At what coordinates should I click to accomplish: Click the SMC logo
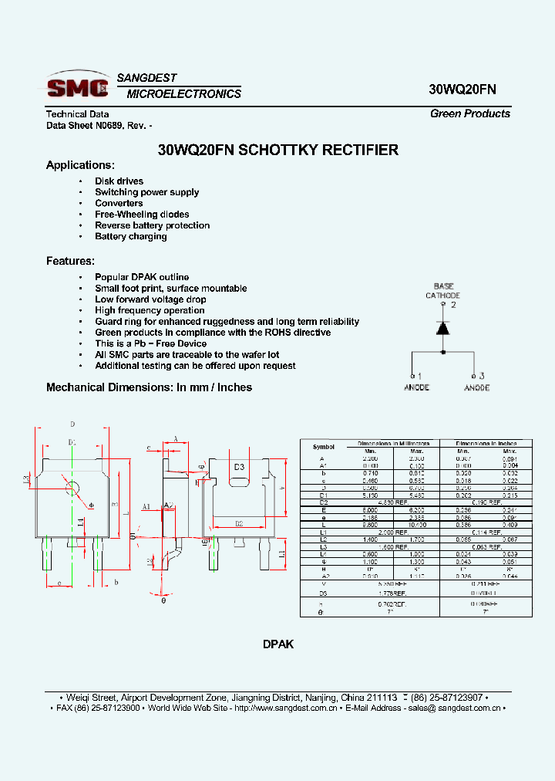[78, 86]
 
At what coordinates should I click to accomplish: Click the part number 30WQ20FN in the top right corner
[462, 89]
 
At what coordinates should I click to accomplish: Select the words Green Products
[469, 113]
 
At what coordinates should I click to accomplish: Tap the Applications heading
[80, 165]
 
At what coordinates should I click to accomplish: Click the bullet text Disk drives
[119, 181]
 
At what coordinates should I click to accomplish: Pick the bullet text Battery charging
[130, 236]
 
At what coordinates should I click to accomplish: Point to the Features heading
[70, 261]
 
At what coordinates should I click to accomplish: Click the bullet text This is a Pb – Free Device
[150, 343]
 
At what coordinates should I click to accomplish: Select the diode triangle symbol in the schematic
[443, 327]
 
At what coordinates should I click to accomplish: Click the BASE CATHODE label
[443, 291]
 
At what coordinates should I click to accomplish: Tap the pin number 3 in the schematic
[481, 376]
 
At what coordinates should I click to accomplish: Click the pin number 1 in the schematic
[419, 376]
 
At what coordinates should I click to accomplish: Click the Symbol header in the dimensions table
[324, 447]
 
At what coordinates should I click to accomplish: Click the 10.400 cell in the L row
[417, 525]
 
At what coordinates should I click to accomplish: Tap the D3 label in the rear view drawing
[239, 467]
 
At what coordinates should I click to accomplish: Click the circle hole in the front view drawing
[72, 489]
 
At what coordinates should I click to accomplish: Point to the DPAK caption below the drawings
[278, 644]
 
